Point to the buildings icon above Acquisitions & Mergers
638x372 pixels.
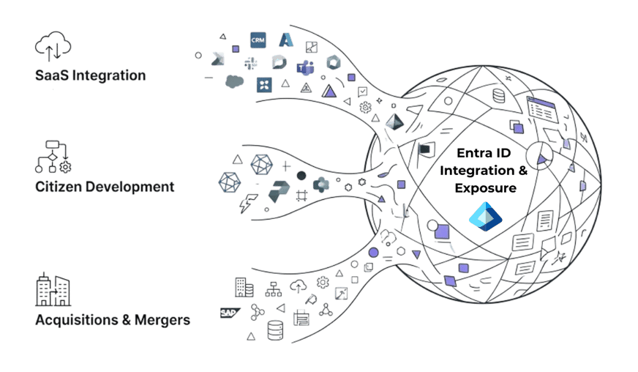53,291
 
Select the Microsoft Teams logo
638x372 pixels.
304,67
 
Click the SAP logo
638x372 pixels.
230,313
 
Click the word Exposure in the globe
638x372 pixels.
485,187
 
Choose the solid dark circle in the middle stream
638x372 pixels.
301,176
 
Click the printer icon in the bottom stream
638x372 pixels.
301,317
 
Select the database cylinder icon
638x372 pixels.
275,330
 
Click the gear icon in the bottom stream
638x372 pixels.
322,283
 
